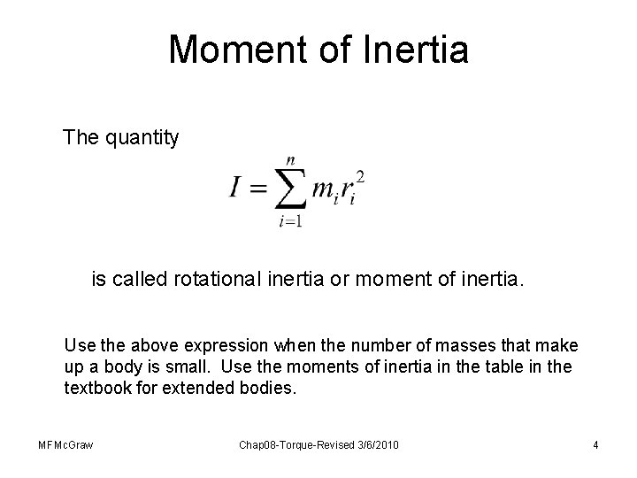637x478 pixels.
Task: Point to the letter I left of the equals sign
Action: tap(237, 187)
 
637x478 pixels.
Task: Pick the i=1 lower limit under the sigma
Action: tap(290, 222)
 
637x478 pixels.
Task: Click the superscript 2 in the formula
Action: tap(360, 177)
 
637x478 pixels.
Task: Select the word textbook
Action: tap(95, 387)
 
